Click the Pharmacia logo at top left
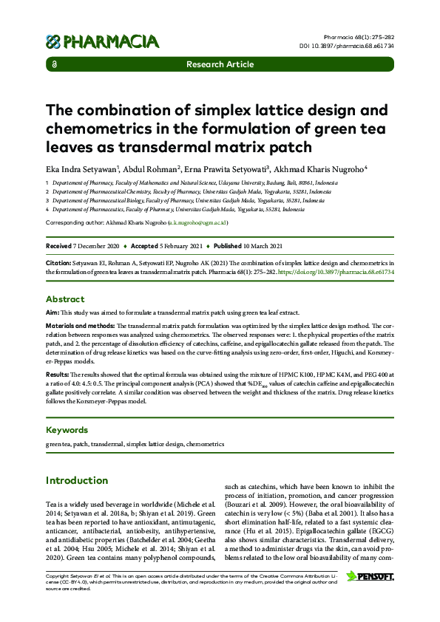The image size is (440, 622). tap(103, 41)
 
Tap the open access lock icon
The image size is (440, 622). tap(55, 64)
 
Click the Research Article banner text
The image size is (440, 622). tap(220, 64)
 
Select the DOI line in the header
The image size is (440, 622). tap(356, 45)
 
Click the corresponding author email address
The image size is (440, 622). tap(198, 222)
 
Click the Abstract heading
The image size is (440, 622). tap(65, 299)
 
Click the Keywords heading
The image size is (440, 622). tap(67, 430)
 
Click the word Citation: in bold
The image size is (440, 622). tap(59, 263)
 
